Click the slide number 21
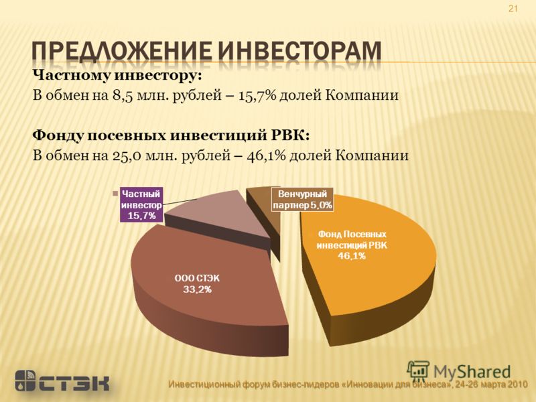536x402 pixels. coord(513,9)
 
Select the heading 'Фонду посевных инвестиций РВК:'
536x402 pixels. coord(171,136)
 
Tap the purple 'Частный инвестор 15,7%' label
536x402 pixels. coord(141,204)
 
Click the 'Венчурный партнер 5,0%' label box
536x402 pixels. coord(302,199)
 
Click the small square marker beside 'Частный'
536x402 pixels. coord(115,194)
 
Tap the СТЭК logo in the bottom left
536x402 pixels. coord(62,380)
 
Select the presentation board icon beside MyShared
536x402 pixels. coord(418,371)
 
